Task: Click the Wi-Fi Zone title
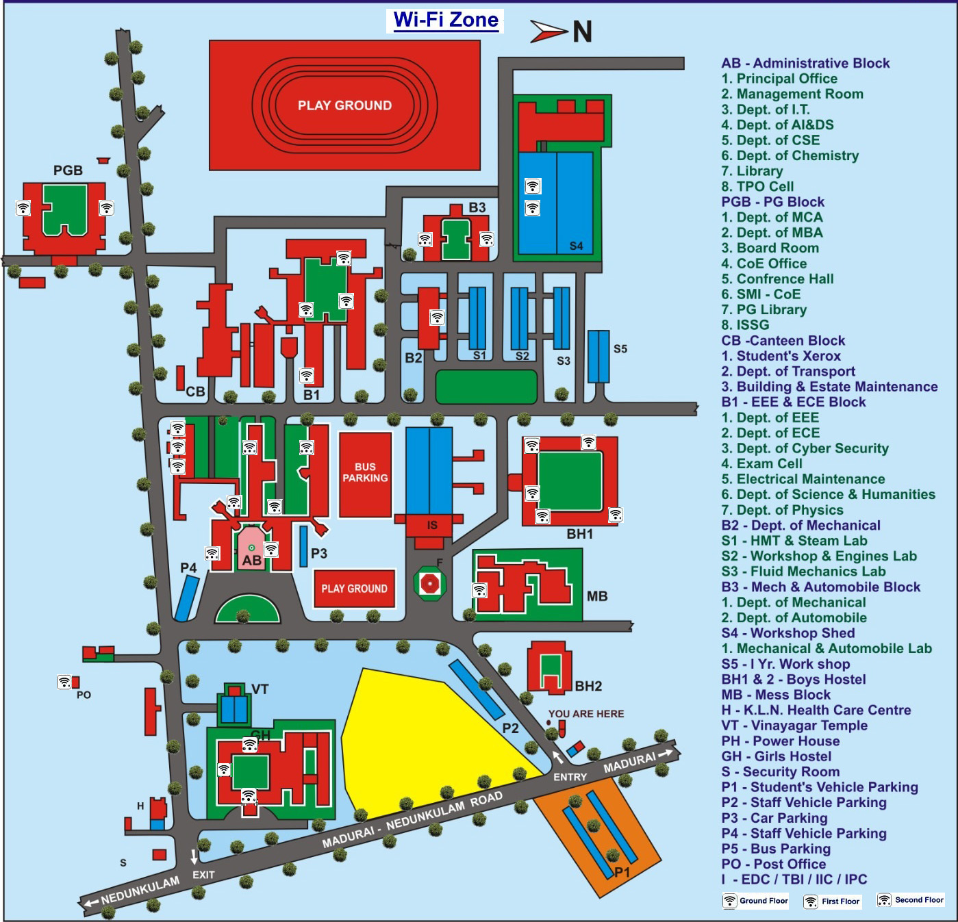click(x=446, y=20)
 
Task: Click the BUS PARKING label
click(x=365, y=472)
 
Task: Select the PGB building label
click(x=68, y=170)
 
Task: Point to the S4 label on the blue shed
click(x=576, y=246)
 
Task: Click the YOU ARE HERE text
click(x=586, y=714)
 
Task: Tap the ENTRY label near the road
click(x=570, y=777)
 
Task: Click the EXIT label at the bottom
click(x=203, y=875)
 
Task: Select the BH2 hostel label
click(x=588, y=687)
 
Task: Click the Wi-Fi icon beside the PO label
click(x=64, y=682)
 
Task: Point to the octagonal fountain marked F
click(x=430, y=583)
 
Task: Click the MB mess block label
click(x=597, y=596)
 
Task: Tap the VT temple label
click(x=260, y=689)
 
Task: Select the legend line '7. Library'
click(x=752, y=171)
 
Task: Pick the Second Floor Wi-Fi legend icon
click(x=884, y=900)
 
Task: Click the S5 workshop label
click(x=620, y=349)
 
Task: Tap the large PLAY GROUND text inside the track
click(x=344, y=105)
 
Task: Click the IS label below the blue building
click(x=432, y=526)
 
